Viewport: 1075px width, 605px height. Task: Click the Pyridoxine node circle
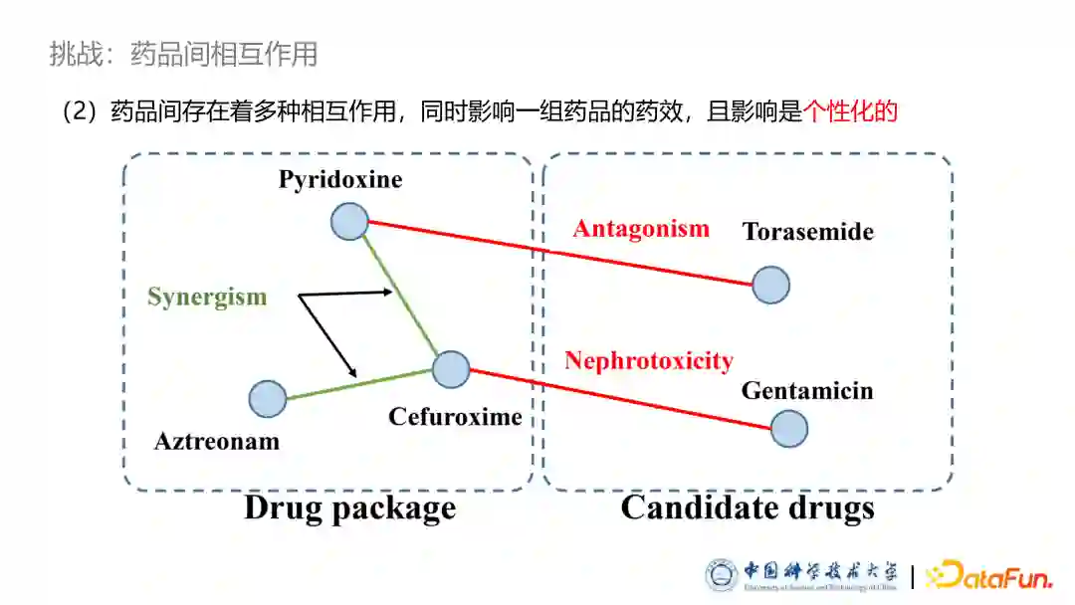pyautogui.click(x=349, y=221)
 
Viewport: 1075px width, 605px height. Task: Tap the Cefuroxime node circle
pyautogui.click(x=450, y=369)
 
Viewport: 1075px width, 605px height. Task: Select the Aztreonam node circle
pyautogui.click(x=268, y=399)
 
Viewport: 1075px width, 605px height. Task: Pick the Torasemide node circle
pyautogui.click(x=770, y=286)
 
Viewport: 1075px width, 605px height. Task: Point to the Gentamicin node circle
pyautogui.click(x=788, y=429)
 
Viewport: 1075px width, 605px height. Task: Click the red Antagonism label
pyautogui.click(x=641, y=229)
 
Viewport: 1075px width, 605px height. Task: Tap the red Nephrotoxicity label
pyautogui.click(x=649, y=360)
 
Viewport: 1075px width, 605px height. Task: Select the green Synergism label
pyautogui.click(x=207, y=297)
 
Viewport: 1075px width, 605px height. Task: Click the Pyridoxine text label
pyautogui.click(x=340, y=180)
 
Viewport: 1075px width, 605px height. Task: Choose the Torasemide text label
pyautogui.click(x=807, y=232)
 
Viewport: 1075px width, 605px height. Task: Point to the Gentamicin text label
pyautogui.click(x=806, y=390)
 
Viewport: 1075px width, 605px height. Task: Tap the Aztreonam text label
pyautogui.click(x=217, y=441)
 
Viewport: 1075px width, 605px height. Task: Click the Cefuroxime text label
pyautogui.click(x=455, y=416)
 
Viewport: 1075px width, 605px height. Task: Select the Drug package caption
pyautogui.click(x=349, y=508)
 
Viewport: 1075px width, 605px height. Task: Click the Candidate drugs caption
pyautogui.click(x=748, y=508)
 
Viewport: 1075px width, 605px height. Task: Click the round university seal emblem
pyautogui.click(x=722, y=575)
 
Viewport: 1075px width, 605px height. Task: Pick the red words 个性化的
pyautogui.click(x=850, y=111)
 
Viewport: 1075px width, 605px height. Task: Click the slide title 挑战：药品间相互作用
pyautogui.click(x=183, y=54)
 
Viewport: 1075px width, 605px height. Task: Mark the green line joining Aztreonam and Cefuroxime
pyautogui.click(x=358, y=384)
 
